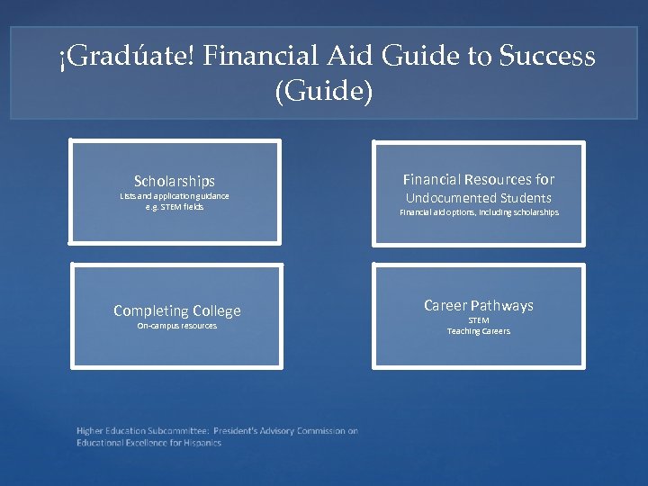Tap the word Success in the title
547,57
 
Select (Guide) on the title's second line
324,92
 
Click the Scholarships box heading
175,181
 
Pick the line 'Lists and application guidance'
175,196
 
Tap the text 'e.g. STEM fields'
175,207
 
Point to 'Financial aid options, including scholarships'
479,213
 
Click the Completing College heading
177,310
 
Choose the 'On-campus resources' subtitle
177,326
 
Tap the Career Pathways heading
479,306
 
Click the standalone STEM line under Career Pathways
479,320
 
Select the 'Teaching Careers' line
479,331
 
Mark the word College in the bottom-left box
213,310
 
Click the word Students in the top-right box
528,198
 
